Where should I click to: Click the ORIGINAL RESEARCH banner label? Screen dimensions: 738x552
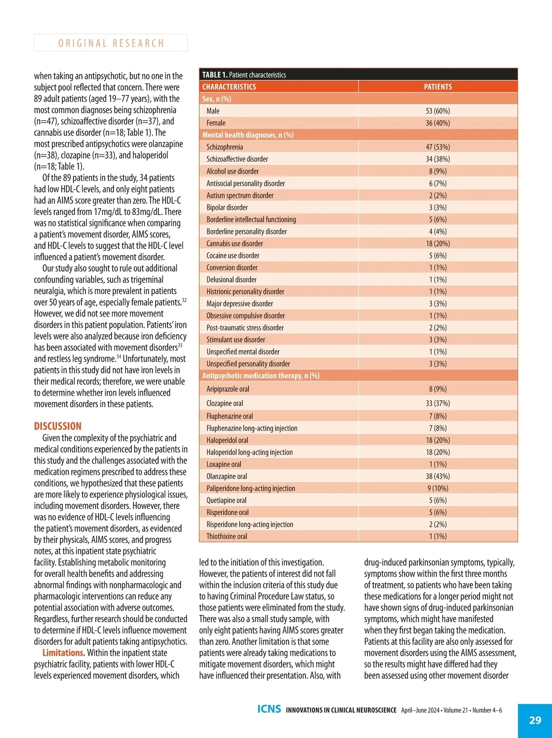pos(111,43)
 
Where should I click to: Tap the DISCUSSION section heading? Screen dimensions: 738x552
pos(57,426)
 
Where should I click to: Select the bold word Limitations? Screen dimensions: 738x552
pos(63,653)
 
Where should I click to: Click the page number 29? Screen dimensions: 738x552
pos(535,720)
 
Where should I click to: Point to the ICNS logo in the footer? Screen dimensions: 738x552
pos(269,709)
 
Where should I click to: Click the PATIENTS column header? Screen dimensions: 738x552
pos(438,87)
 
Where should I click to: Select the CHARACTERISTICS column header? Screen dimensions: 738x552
pos(229,87)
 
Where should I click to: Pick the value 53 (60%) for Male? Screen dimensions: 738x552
pos(438,111)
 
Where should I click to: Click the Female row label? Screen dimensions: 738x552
pos(216,123)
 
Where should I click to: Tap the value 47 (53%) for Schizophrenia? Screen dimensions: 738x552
pos(438,147)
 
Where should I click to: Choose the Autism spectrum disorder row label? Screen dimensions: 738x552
pos(240,195)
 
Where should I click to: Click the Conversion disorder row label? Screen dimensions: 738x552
pos(232,267)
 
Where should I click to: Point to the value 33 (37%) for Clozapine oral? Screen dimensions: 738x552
pos(438,403)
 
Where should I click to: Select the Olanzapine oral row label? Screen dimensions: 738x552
pos(226,476)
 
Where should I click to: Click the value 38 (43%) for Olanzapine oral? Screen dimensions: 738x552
pos(438,476)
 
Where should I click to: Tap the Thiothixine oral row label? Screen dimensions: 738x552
pos(226,536)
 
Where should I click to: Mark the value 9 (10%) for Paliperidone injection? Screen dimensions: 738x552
pos(438,488)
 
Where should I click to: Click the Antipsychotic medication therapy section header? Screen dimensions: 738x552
pos(261,376)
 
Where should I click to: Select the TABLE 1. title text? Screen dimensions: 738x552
pos(244,74)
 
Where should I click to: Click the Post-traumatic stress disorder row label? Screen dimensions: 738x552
pos(245,328)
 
